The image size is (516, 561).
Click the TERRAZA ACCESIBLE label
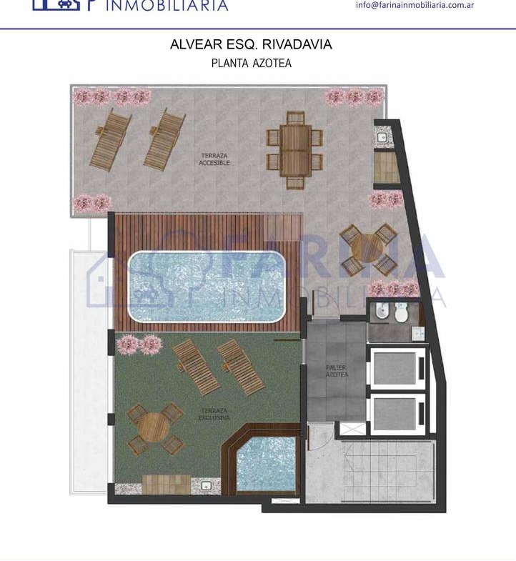(214, 159)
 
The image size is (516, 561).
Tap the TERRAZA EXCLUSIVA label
(214, 414)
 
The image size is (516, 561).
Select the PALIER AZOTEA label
(337, 371)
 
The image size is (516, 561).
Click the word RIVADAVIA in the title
(297, 44)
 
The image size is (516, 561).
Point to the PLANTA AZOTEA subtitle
(251, 64)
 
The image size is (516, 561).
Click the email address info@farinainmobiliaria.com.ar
(415, 5)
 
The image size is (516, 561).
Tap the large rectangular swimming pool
(207, 287)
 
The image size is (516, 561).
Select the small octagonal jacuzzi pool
(267, 464)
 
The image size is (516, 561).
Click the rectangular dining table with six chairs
(294, 150)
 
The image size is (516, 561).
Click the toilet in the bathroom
(402, 312)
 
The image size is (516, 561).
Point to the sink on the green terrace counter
(206, 486)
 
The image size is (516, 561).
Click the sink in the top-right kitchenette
(382, 136)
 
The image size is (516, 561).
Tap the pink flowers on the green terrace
(139, 344)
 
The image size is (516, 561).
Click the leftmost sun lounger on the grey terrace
(110, 140)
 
